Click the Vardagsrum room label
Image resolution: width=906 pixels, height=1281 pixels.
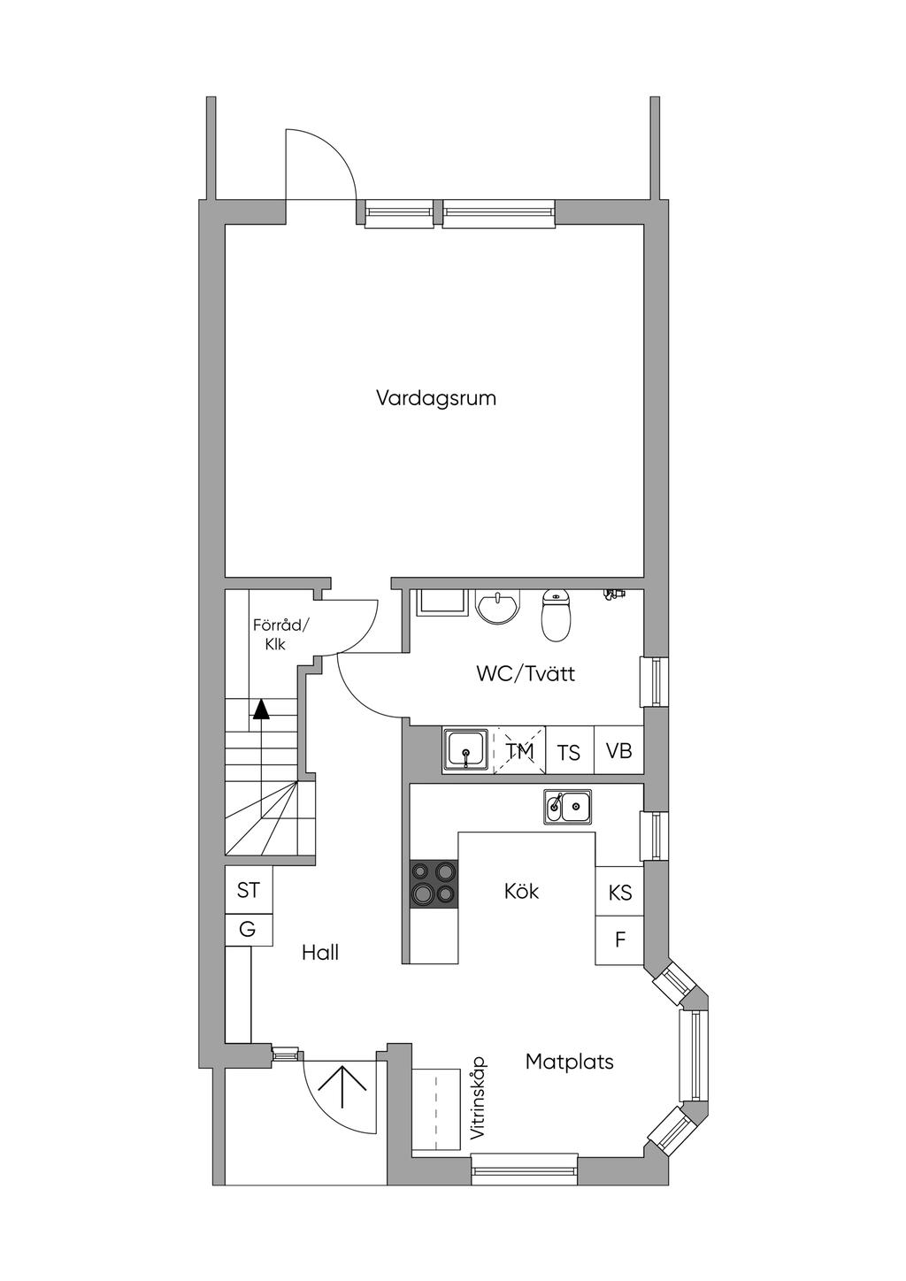click(436, 398)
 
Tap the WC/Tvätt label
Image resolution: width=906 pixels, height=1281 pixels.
click(526, 673)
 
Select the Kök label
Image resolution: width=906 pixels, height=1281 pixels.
click(521, 891)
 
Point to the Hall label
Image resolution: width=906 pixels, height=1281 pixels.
click(320, 953)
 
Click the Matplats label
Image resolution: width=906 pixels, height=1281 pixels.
click(569, 1062)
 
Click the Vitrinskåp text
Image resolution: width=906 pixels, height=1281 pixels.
click(478, 1098)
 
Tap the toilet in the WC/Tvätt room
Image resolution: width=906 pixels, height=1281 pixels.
click(556, 615)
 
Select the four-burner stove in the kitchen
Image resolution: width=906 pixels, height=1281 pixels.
click(434, 883)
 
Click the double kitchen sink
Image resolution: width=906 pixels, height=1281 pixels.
click(568, 806)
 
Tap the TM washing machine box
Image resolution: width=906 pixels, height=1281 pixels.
click(520, 751)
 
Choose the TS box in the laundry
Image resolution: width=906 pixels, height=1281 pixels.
click(569, 752)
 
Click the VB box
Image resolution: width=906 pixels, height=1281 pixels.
click(618, 751)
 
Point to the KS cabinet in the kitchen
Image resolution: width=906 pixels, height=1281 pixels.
click(620, 893)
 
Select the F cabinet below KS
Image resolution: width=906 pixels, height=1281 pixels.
click(620, 940)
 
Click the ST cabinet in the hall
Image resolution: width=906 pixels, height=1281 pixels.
click(249, 891)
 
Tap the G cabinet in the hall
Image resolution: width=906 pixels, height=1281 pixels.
click(248, 930)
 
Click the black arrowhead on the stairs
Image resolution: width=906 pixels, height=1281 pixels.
click(260, 710)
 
